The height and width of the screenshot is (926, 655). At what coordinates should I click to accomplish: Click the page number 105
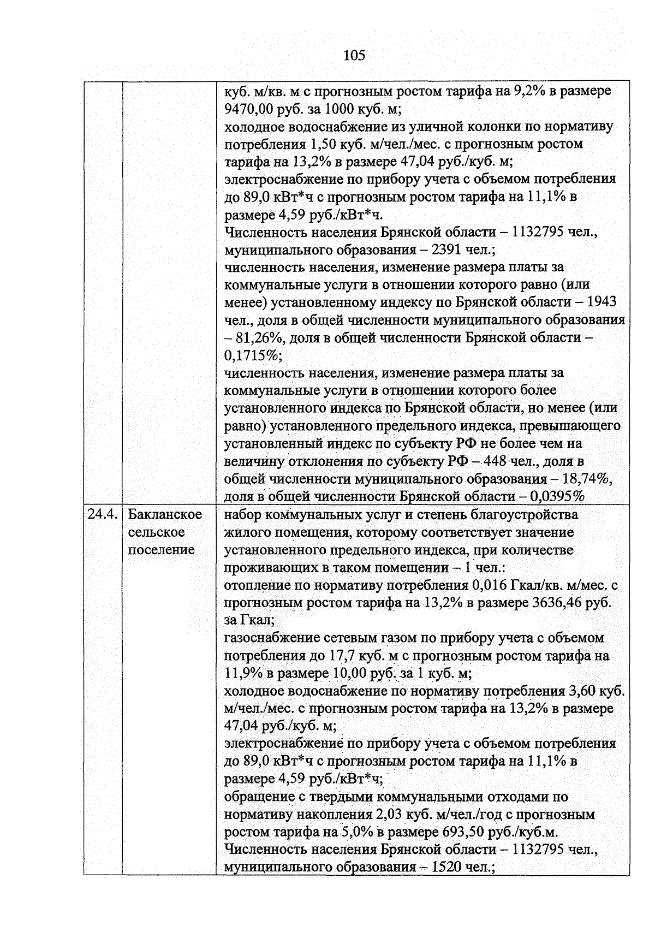pyautogui.click(x=354, y=55)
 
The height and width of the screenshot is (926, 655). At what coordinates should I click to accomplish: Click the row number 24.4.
pyautogui.click(x=103, y=514)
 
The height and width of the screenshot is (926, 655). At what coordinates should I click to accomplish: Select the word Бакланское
pyautogui.click(x=165, y=514)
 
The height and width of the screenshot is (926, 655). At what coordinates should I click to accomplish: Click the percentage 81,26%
pyautogui.click(x=259, y=338)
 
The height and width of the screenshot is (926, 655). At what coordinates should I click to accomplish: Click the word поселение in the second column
pyautogui.click(x=162, y=549)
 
